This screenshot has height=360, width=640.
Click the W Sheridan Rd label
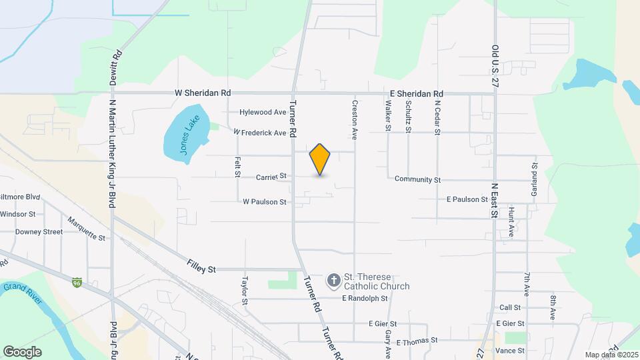203,93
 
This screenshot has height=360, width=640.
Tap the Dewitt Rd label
117,67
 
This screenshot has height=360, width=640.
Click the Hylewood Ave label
263,113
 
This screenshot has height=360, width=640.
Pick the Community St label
418,179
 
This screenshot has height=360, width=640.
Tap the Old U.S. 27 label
495,67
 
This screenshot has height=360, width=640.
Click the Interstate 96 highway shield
77,283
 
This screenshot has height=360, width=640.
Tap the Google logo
22,351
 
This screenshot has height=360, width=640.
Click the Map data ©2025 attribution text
610,354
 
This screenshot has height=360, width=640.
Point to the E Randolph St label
365,299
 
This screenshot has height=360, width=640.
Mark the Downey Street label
39,232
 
